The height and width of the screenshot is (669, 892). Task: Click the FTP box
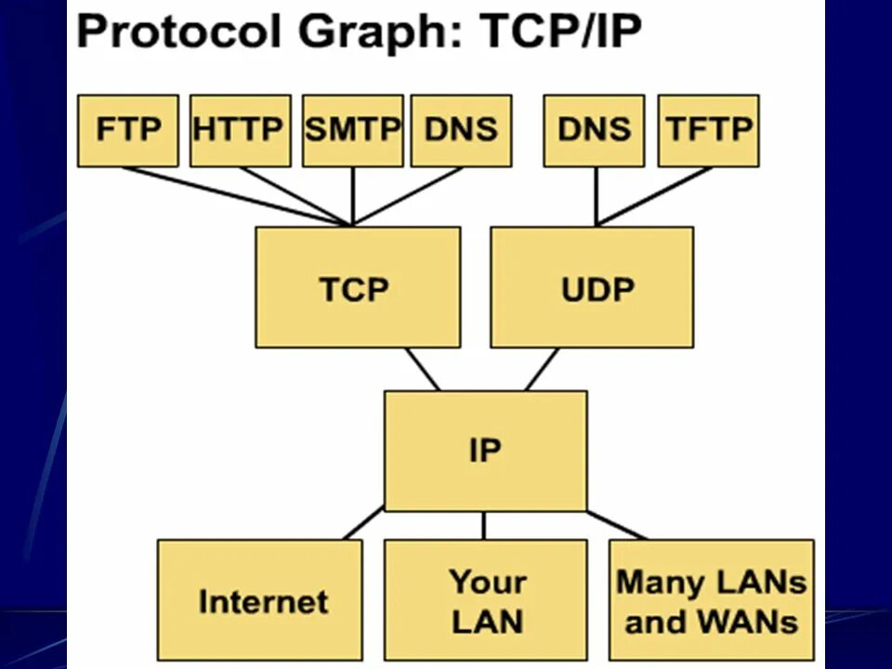(127, 130)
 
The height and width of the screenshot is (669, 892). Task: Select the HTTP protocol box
(239, 130)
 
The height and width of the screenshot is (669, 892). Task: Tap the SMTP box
(352, 130)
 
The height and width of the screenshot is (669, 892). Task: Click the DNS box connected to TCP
(461, 130)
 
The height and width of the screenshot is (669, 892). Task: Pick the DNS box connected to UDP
(594, 130)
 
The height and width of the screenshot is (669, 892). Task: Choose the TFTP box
(708, 130)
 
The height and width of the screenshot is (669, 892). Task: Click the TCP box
(357, 287)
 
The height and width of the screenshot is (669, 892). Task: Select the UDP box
(592, 287)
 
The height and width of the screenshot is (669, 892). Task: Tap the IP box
(485, 451)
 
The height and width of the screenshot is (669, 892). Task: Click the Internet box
(259, 600)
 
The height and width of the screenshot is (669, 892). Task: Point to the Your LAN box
(485, 600)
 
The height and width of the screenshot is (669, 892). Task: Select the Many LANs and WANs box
(711, 600)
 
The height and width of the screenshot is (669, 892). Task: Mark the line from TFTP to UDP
(655, 195)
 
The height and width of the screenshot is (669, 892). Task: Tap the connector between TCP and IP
(423, 370)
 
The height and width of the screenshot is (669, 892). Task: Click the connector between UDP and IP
(542, 370)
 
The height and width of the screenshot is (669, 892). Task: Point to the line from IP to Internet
(363, 523)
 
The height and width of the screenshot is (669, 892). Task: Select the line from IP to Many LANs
(616, 525)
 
